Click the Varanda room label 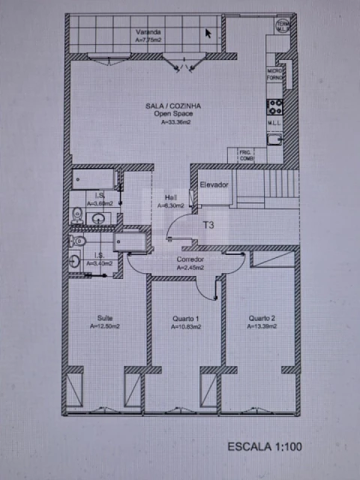[x=148, y=31]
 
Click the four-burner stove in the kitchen [x=275, y=103]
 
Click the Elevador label [x=214, y=184]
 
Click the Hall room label [x=170, y=197]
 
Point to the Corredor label [x=190, y=259]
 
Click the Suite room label [x=103, y=318]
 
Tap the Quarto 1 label [x=184, y=318]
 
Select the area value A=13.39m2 [x=262, y=326]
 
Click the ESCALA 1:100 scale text [x=265, y=447]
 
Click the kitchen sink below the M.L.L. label [x=275, y=138]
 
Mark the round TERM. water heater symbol [x=283, y=27]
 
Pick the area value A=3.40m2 [x=100, y=263]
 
